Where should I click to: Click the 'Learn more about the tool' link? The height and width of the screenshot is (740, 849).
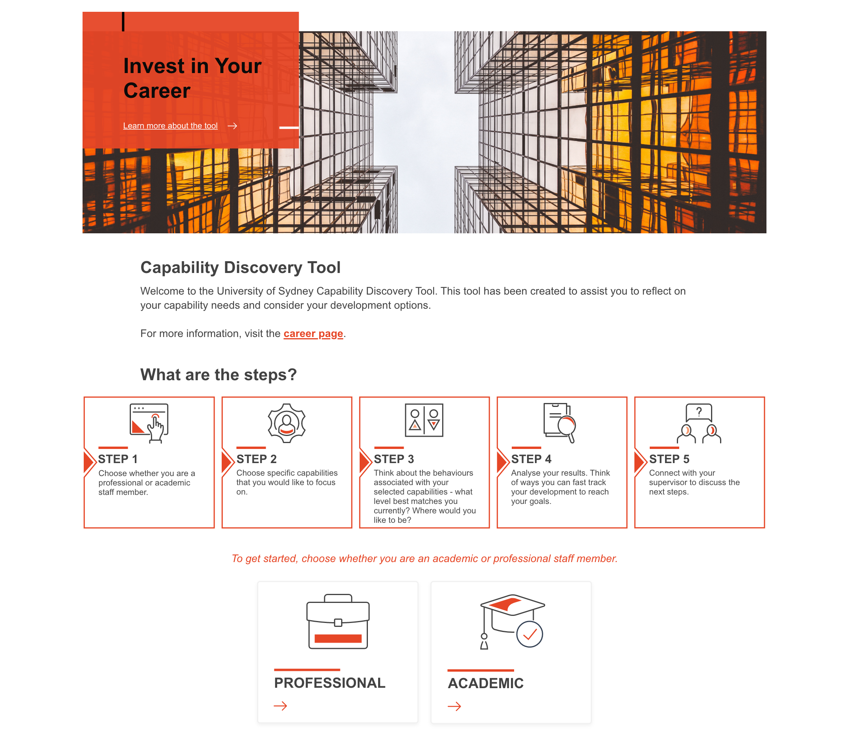click(170, 126)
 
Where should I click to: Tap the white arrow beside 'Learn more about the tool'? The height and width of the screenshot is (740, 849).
click(232, 126)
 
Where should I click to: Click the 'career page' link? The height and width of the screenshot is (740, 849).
click(313, 333)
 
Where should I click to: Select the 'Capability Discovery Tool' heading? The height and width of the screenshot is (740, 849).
click(241, 267)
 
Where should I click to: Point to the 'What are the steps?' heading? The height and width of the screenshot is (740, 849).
click(219, 375)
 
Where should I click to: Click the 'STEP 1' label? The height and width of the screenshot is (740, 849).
click(118, 459)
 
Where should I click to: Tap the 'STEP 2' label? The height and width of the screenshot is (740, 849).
click(257, 459)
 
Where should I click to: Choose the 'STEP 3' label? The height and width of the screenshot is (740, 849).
click(394, 459)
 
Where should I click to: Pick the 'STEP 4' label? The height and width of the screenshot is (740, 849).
click(531, 459)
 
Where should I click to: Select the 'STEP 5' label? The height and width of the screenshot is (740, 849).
click(669, 459)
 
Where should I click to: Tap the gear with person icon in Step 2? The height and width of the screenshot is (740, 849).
click(287, 423)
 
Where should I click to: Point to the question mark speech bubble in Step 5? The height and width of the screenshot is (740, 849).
click(699, 412)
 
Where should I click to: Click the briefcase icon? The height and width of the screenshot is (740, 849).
click(338, 622)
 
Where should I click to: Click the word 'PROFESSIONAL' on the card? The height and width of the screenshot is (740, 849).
click(330, 683)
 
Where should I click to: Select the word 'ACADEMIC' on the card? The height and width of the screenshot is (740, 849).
click(486, 684)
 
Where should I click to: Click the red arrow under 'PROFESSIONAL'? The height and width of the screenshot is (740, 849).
click(281, 707)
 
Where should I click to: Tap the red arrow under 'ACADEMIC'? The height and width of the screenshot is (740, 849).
click(454, 707)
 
